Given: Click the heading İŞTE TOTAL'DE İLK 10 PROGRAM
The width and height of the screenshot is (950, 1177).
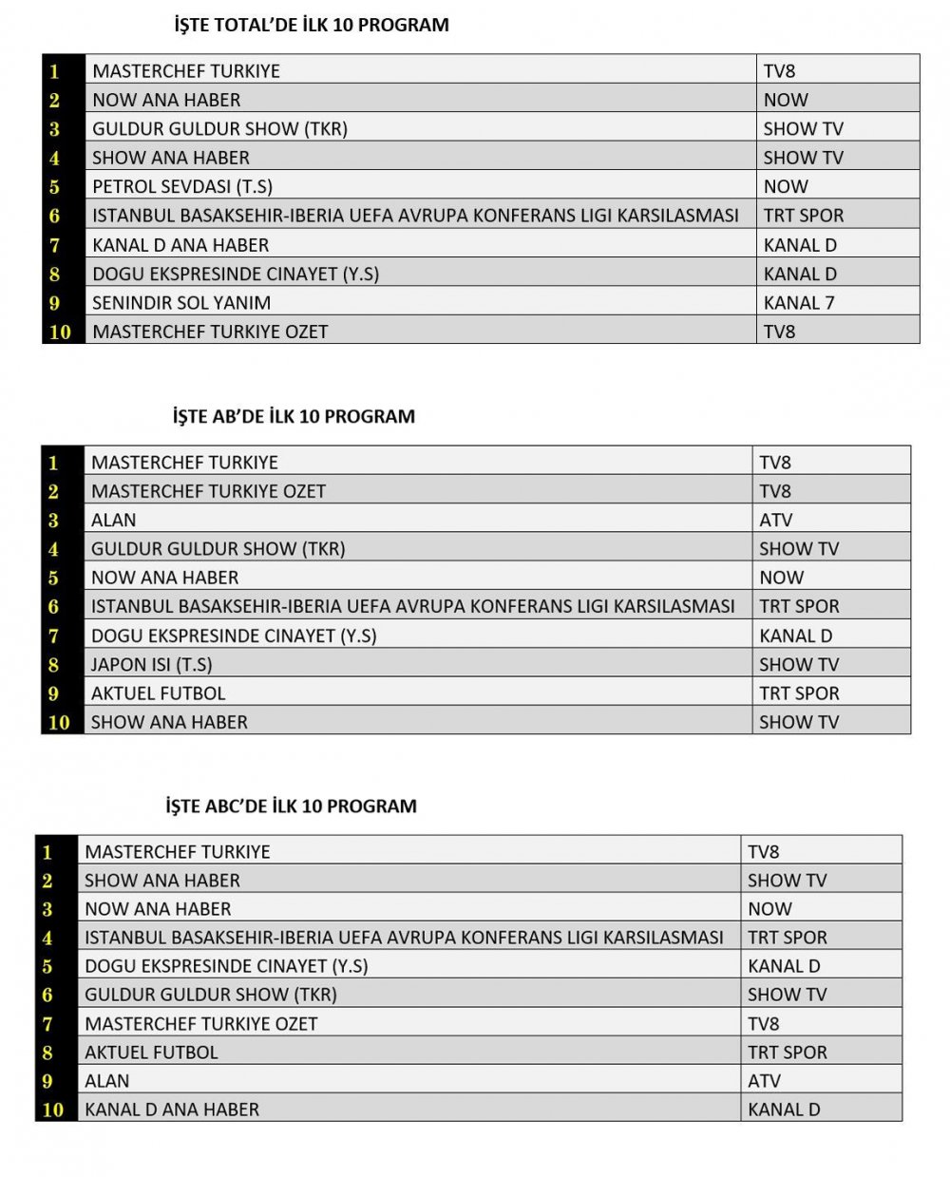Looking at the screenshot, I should [312, 26].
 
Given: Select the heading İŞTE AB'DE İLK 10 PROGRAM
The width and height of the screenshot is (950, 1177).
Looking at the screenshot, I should [294, 416].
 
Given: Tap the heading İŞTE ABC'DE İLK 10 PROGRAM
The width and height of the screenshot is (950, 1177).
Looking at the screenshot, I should [291, 807].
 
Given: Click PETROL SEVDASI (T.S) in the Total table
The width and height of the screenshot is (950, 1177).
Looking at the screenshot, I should [182, 187].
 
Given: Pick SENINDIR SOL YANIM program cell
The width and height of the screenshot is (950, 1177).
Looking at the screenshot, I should [181, 303].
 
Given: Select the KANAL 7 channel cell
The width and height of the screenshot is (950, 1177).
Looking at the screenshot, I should [799, 303].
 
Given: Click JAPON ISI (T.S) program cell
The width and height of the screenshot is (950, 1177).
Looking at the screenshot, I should [152, 665].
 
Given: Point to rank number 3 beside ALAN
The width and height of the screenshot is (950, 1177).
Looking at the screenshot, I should [54, 521].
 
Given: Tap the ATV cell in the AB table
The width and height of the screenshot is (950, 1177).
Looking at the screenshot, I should [775, 521].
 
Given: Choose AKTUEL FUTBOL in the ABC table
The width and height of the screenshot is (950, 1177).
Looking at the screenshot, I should [151, 1053].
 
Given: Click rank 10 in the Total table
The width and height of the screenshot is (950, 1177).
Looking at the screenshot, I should [60, 332].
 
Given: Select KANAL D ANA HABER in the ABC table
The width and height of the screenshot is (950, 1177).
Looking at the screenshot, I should [172, 1110].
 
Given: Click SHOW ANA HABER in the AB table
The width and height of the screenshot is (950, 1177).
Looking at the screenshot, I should [169, 723].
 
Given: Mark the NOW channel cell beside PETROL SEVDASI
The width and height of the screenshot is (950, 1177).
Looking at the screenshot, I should [786, 187].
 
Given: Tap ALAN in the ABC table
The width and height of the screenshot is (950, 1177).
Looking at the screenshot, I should [107, 1081].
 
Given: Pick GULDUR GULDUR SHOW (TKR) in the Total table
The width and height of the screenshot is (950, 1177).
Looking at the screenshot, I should [219, 129].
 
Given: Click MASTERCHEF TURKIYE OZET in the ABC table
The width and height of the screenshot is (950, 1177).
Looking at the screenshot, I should [201, 1024].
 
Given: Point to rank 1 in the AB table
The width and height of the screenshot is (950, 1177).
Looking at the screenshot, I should [54, 464].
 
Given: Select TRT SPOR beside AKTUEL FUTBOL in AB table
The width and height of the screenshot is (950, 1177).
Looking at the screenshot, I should [799, 693].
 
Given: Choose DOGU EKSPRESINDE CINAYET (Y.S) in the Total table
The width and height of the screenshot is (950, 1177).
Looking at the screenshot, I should [236, 275].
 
